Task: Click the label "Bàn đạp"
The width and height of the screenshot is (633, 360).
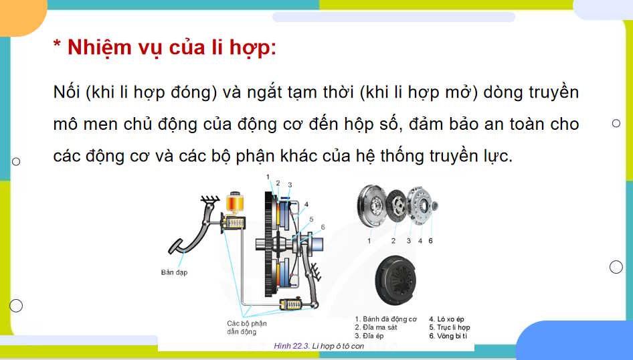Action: click(x=175, y=272)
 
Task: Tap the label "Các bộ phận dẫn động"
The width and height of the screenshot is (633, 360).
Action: click(x=246, y=327)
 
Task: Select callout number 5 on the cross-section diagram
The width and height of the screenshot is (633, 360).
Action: click(x=311, y=219)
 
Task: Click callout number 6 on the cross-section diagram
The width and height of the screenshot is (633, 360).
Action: click(x=323, y=227)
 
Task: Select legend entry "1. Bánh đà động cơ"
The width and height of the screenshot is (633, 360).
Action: click(x=385, y=319)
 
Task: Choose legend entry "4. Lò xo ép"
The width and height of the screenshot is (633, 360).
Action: click(x=446, y=319)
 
